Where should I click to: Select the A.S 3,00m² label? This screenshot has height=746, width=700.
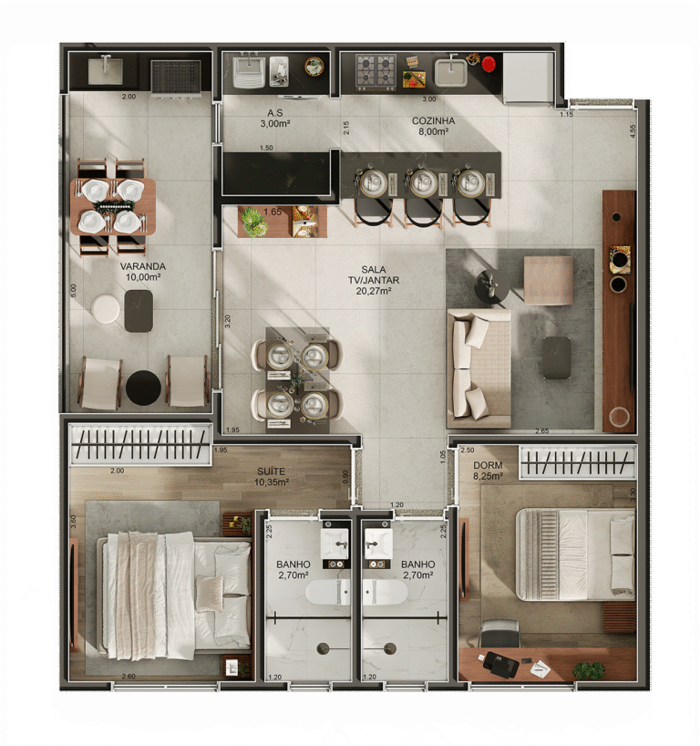point(274,118)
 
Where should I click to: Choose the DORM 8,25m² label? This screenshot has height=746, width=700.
point(488,471)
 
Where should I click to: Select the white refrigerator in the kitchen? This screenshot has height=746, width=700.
point(529,78)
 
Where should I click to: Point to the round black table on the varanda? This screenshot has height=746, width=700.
point(143,388)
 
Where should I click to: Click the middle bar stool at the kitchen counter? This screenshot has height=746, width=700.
point(422,185)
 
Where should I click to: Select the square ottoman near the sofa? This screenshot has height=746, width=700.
point(549,279)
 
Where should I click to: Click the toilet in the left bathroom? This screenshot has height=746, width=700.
point(327,593)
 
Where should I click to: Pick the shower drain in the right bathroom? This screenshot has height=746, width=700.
point(389,648)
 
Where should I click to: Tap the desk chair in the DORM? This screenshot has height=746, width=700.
point(499,633)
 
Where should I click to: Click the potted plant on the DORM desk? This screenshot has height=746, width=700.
point(589,670)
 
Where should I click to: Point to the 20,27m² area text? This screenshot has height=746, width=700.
point(374,292)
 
